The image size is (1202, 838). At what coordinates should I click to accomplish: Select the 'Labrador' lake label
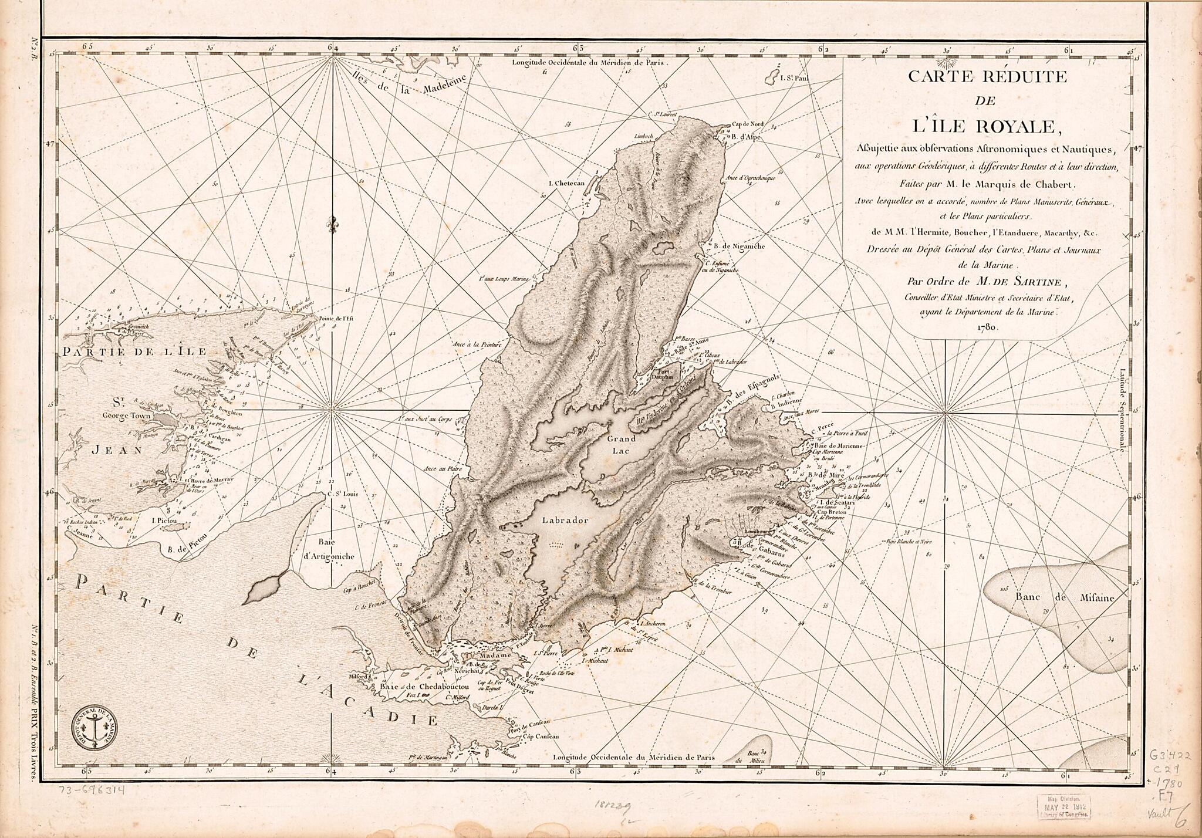coord(565,520)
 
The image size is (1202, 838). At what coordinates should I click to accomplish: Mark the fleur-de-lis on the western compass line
coord(333,224)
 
